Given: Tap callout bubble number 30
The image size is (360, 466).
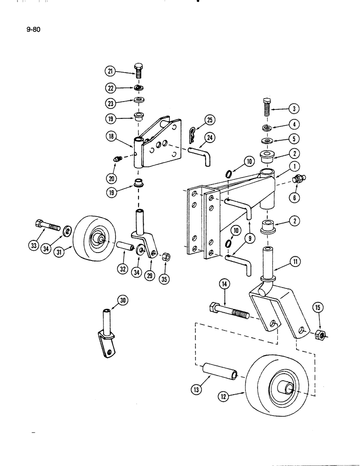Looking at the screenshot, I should pyautogui.click(x=123, y=302).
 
